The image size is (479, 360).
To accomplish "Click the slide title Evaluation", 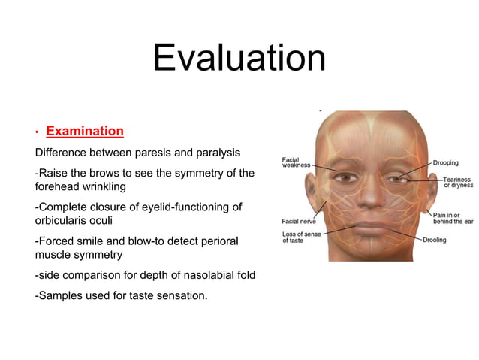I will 239,59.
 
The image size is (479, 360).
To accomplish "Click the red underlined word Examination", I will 85,132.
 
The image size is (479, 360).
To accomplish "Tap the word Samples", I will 64,295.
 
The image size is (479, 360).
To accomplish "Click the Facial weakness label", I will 295,162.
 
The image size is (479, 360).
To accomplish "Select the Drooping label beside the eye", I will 447,162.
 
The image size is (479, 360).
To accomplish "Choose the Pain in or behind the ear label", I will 453,219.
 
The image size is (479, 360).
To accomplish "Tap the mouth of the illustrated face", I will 369,228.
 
